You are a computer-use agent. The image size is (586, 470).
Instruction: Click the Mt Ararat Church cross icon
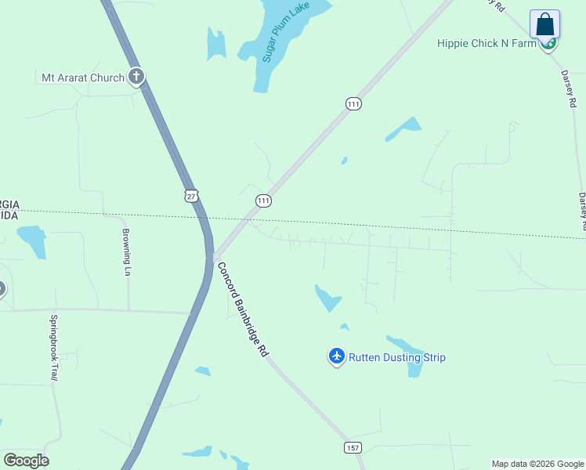click(x=136, y=77)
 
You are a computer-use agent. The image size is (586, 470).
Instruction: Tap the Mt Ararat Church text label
click(x=83, y=78)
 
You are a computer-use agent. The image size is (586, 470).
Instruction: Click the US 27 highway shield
click(x=191, y=196)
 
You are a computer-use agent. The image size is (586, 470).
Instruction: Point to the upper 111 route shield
click(x=353, y=103)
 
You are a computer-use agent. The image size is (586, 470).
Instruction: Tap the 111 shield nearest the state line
click(x=263, y=201)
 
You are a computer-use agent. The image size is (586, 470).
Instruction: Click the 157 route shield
click(x=352, y=446)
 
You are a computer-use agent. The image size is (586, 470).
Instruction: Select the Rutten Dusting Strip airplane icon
click(x=336, y=357)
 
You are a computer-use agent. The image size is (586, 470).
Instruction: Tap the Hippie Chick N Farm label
click(x=486, y=43)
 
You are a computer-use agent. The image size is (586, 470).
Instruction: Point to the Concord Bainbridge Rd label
click(x=243, y=309)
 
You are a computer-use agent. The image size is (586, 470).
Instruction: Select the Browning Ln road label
click(x=126, y=251)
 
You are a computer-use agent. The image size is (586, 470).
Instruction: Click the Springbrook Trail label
click(x=54, y=348)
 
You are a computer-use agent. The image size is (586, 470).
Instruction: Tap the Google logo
click(x=26, y=461)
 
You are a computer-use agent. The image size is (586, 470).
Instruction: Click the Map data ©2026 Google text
click(x=537, y=464)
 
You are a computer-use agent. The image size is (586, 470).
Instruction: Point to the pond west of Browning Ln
click(x=33, y=239)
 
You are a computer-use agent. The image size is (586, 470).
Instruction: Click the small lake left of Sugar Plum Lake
click(x=215, y=44)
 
